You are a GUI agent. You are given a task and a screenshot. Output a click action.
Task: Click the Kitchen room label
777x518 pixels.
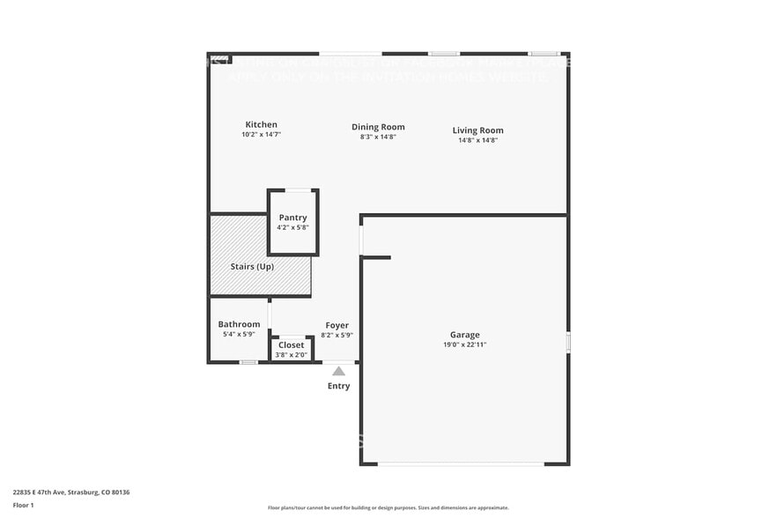click(x=261, y=124)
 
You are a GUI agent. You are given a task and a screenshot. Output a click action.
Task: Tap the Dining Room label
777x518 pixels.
click(x=378, y=127)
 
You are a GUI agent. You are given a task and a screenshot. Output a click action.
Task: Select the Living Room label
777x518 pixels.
click(x=477, y=130)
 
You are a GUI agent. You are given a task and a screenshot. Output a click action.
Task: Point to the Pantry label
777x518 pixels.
click(x=292, y=218)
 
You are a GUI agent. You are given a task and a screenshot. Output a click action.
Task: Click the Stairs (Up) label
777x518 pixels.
click(x=251, y=266)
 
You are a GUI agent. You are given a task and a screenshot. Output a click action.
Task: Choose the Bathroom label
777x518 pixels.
click(x=239, y=324)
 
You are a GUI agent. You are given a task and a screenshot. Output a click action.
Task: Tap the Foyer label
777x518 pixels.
click(x=337, y=325)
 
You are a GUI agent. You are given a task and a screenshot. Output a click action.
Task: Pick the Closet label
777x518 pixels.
click(x=291, y=345)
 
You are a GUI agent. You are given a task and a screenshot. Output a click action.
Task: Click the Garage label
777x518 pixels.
click(x=465, y=335)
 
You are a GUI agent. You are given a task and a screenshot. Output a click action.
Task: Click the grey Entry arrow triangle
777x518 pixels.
click(x=338, y=371)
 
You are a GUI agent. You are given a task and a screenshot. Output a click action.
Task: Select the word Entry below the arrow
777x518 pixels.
click(x=338, y=386)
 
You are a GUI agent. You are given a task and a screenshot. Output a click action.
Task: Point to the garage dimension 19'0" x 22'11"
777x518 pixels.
click(x=465, y=344)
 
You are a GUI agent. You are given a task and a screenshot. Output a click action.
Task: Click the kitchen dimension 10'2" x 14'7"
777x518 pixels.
click(x=261, y=134)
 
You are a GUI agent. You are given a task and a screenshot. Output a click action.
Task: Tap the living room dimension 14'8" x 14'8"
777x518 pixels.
click(x=477, y=140)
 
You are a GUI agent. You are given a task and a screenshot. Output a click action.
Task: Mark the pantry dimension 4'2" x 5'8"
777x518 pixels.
click(x=292, y=227)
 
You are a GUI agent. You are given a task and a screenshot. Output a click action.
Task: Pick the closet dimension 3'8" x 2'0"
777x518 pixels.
click(x=291, y=355)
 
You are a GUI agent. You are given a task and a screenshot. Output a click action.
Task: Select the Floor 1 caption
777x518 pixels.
click(x=23, y=505)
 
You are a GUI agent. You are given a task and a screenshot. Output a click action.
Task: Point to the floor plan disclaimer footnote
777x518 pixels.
click(x=388, y=507)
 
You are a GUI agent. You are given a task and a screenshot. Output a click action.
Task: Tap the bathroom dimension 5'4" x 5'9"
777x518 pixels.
click(x=239, y=334)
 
